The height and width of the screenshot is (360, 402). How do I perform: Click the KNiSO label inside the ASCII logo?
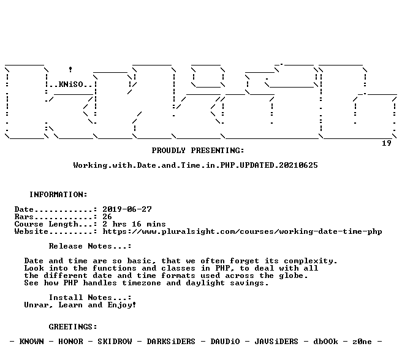point(71,84)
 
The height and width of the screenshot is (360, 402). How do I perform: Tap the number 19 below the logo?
point(387,143)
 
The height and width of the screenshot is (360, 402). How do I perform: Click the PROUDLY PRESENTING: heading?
point(198,151)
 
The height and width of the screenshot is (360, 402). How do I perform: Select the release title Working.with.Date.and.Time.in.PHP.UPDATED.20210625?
point(195,165)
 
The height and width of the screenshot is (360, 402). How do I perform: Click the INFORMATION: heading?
point(58,195)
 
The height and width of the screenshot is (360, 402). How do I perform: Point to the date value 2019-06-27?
point(127,209)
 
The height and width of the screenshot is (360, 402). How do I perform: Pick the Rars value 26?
point(107,217)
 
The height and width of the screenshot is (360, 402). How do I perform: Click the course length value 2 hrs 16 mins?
point(134,224)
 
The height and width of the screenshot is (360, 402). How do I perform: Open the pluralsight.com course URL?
point(242,231)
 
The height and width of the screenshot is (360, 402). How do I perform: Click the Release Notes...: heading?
point(90,246)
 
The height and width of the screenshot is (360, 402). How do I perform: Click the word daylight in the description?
point(205,283)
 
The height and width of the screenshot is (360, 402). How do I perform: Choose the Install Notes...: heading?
point(90,298)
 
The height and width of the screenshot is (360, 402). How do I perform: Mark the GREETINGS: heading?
point(73,327)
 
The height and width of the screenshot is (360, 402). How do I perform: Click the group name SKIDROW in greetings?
point(115,342)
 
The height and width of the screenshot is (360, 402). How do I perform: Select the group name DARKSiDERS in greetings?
point(171,342)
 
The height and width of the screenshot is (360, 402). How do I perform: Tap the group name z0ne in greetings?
point(362,342)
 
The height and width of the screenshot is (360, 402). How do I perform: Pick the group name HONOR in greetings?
point(70,342)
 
